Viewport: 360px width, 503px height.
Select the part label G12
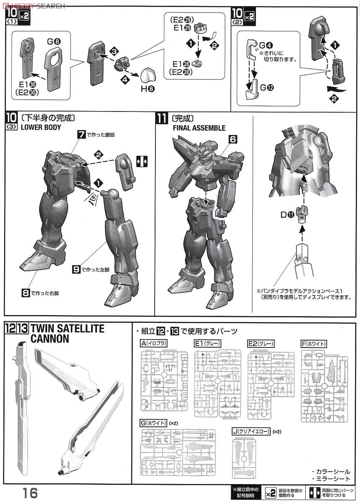coord(266,88)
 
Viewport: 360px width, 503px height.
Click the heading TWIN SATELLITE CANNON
coord(67,334)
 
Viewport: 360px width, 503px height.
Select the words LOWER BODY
coord(41,127)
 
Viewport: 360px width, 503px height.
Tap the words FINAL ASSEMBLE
coord(199,128)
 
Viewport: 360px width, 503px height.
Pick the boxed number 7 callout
coord(82,135)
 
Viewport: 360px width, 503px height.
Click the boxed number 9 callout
coord(76,270)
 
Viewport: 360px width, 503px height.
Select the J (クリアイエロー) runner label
coord(250,431)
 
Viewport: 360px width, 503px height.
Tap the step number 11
coord(162,118)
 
